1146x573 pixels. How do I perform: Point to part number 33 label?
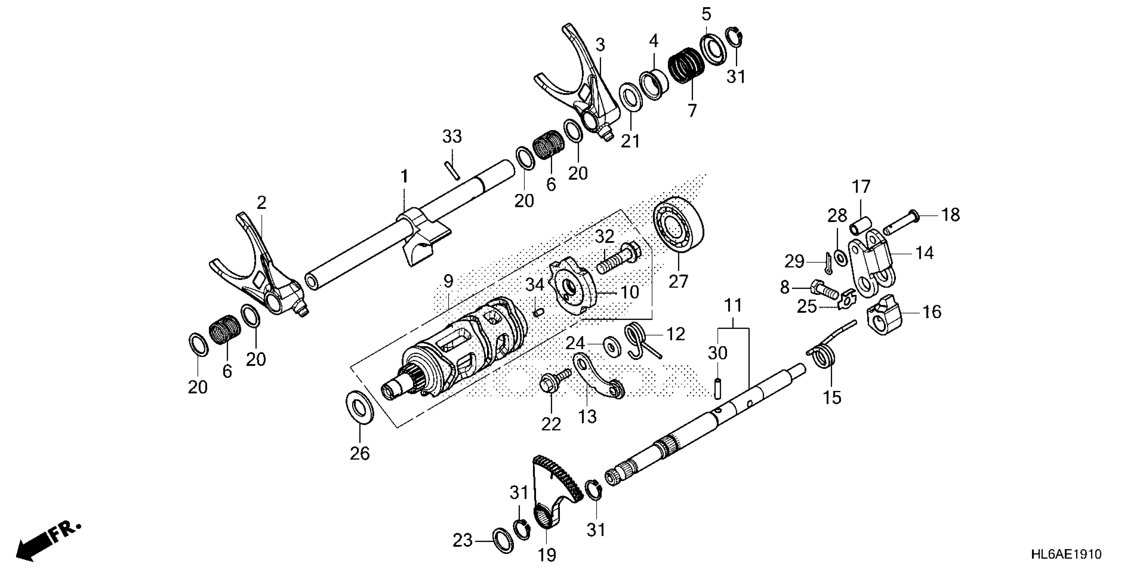click(x=452, y=137)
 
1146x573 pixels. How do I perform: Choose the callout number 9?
click(x=448, y=281)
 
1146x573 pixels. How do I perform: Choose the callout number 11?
click(x=733, y=306)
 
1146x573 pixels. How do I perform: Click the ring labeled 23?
click(x=503, y=541)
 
